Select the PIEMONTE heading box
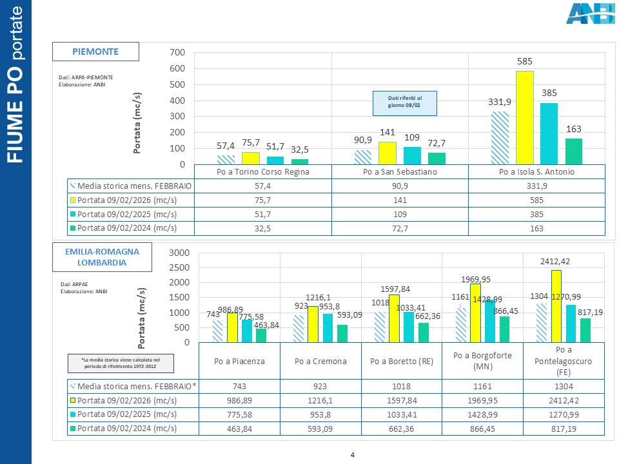[95, 51]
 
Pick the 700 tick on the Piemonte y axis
[177, 52]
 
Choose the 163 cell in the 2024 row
[536, 227]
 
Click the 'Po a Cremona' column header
[320, 361]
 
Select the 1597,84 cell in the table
[401, 400]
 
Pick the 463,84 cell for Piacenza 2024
[240, 428]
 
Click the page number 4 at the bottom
[353, 456]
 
